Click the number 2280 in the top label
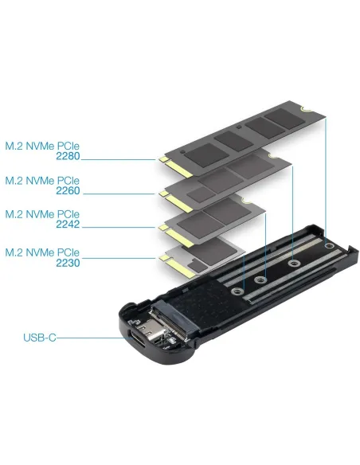click(67, 158)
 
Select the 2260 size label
click(67, 192)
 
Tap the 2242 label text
click(67, 227)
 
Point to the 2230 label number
click(67, 263)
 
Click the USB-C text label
click(39, 338)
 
